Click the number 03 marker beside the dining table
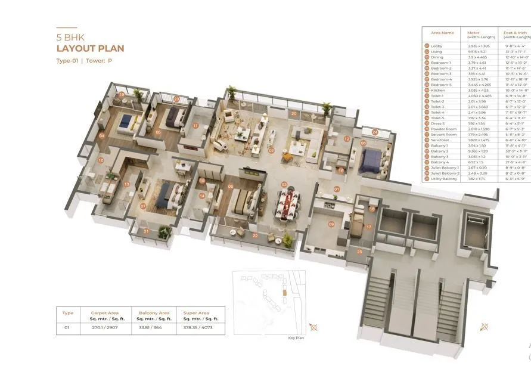tap(284, 184)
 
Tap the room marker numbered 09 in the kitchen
tap(331, 224)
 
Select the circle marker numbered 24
tap(374, 132)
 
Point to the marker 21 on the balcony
tap(147, 231)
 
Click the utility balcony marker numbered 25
tap(359, 252)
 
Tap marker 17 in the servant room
tap(368, 227)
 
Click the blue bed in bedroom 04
tap(126, 121)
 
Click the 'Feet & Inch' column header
tap(516, 33)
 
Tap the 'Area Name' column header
tap(442, 33)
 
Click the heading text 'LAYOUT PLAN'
tap(90, 48)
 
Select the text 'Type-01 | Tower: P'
tap(84, 61)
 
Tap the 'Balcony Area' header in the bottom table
tap(154, 312)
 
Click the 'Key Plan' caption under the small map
tap(296, 337)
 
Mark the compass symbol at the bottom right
tap(485, 326)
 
